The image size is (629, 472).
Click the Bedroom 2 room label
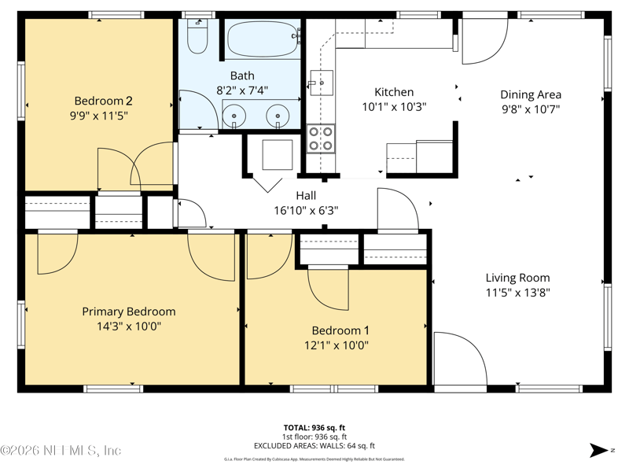pyautogui.click(x=103, y=101)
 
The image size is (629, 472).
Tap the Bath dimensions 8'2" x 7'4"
pyautogui.click(x=242, y=90)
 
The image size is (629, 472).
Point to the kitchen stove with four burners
pyautogui.click(x=321, y=138)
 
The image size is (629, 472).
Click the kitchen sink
pyautogui.click(x=321, y=81)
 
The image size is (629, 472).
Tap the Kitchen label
pyautogui.click(x=393, y=92)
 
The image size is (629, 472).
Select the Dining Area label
pyautogui.click(x=531, y=94)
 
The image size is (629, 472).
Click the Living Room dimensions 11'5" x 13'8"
pyautogui.click(x=517, y=292)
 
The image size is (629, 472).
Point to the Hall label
pyautogui.click(x=306, y=196)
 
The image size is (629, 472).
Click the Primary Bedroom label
pyautogui.click(x=129, y=312)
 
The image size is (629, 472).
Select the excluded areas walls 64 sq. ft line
pyautogui.click(x=314, y=445)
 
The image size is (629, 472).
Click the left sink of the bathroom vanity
pyautogui.click(x=237, y=118)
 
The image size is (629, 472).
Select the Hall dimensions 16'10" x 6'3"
pyautogui.click(x=306, y=210)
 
